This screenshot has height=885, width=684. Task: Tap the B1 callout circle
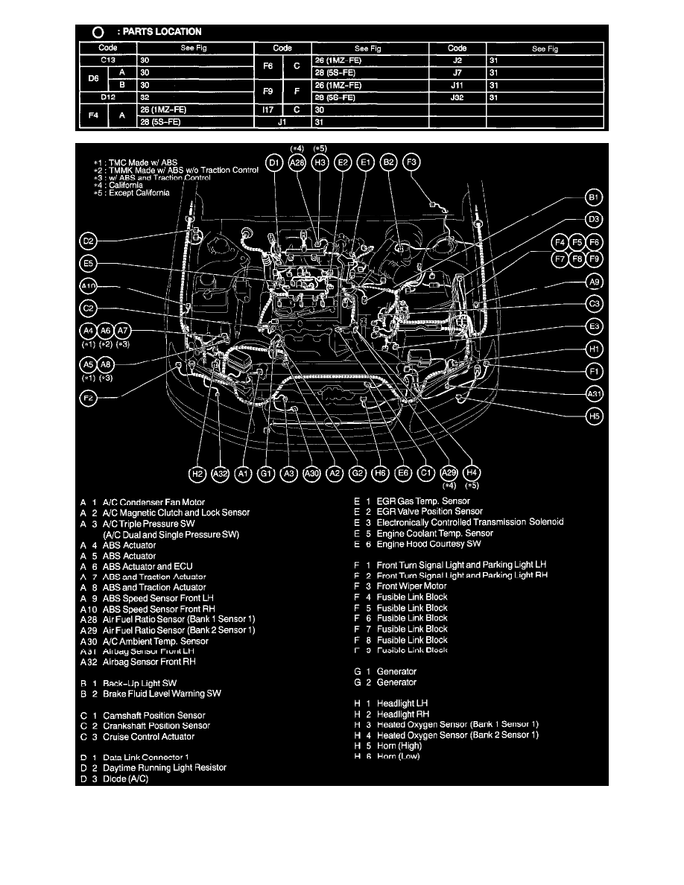coord(594,198)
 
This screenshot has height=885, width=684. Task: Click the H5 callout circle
coord(594,417)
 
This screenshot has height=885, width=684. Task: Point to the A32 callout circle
coord(220,472)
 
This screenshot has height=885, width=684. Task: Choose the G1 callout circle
coord(266,472)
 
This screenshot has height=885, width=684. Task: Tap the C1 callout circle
coord(425,472)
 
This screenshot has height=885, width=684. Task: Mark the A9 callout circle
coord(594,283)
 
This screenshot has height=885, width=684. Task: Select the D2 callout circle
coord(89,241)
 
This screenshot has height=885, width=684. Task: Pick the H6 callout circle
coord(380,472)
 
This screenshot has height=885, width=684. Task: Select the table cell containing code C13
coord(107,60)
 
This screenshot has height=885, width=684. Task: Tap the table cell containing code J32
coord(457,98)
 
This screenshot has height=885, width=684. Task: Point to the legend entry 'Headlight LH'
coord(402,703)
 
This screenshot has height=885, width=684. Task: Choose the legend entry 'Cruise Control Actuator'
coord(148,737)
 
